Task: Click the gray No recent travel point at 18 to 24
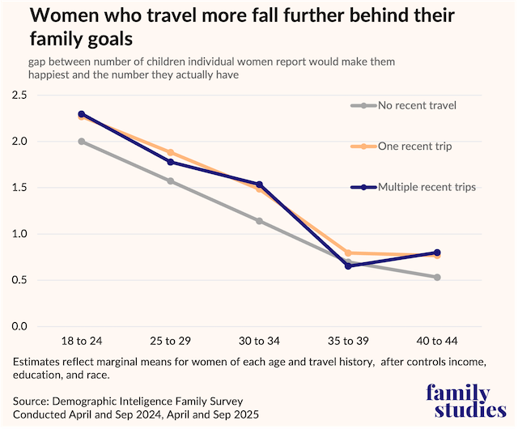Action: [x=83, y=142]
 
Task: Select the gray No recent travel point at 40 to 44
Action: [x=437, y=278]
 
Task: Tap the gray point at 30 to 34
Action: [x=260, y=221]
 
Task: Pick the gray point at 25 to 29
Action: [x=171, y=181]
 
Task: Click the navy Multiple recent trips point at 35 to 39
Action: [x=348, y=265]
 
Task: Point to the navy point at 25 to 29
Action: [x=171, y=162]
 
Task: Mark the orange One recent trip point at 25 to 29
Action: [x=171, y=152]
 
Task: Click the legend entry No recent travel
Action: [x=417, y=105]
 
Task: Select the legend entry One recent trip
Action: [x=414, y=146]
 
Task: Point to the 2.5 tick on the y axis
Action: [x=19, y=96]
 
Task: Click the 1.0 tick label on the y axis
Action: [x=19, y=234]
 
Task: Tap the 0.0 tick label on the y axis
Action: [x=19, y=326]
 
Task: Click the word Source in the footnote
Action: [x=32, y=401]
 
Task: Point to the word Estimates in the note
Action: [x=38, y=359]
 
